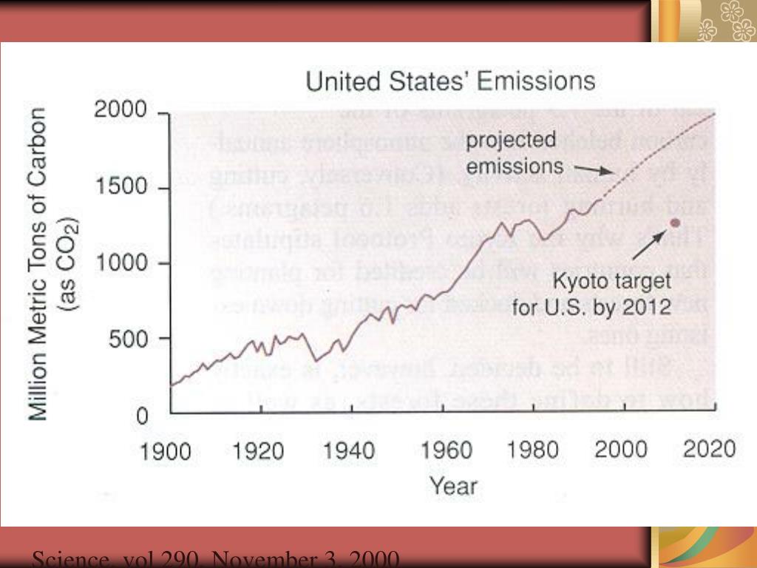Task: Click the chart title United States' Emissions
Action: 450,81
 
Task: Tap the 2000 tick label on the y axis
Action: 121,112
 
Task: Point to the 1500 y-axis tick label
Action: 121,188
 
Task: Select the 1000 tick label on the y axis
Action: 121,263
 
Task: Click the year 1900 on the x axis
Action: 166,450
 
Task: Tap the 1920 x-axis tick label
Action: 258,450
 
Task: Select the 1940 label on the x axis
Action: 349,450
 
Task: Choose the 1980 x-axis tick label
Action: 532,450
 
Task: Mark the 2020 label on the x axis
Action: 709,450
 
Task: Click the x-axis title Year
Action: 453,486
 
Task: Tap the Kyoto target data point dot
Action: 674,223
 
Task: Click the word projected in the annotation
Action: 511,141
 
